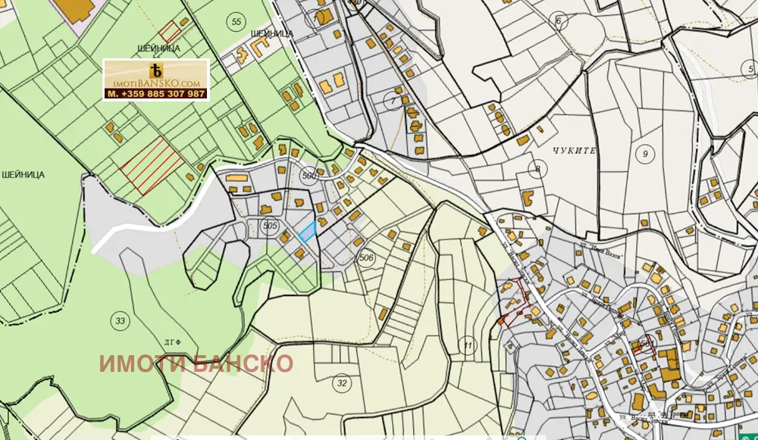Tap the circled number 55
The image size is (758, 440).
click(x=236, y=22)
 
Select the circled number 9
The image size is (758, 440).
click(x=645, y=154)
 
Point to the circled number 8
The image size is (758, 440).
click(x=537, y=168)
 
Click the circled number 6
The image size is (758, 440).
click(x=559, y=20)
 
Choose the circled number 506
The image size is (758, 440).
click(x=367, y=258)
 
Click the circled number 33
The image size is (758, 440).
click(x=120, y=319)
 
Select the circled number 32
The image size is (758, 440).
click(x=342, y=383)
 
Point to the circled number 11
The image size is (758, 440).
click(x=468, y=346)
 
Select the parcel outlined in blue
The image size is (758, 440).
click(x=307, y=232)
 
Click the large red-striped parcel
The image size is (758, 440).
click(x=152, y=164)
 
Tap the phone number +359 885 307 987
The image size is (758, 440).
click(x=156, y=94)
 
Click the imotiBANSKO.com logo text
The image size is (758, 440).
click(x=156, y=82)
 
